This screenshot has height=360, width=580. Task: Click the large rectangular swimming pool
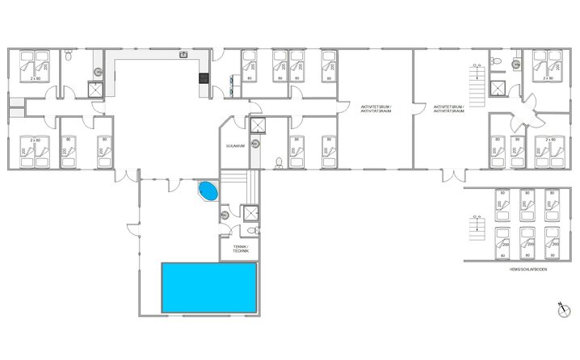[210, 287]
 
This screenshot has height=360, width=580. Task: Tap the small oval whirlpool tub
[208, 192]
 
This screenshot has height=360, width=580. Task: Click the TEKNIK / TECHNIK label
[241, 249]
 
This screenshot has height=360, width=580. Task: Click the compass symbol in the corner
[563, 308]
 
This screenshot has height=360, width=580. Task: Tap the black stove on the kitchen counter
[203, 78]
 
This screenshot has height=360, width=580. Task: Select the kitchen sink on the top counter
[185, 55]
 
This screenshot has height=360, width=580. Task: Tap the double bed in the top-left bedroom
[35, 65]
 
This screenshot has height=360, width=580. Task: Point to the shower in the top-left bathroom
[96, 90]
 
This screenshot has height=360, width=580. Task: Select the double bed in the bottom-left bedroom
[35, 152]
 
